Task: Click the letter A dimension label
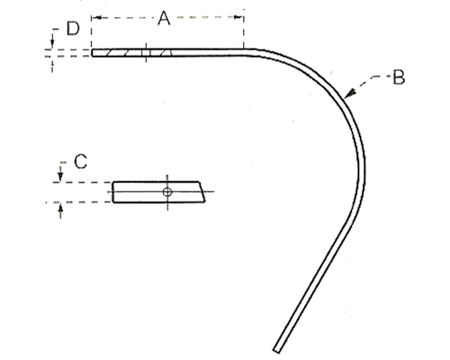[x=164, y=18]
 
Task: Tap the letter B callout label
[x=399, y=77]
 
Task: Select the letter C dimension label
[x=80, y=161]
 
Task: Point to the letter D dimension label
[x=73, y=29]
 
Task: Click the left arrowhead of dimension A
[x=96, y=18]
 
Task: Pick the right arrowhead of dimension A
[x=239, y=17]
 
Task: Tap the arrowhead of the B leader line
[x=349, y=94]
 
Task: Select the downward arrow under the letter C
[x=60, y=174]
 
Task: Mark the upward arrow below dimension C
[x=60, y=211]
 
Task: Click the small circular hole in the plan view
[x=167, y=192]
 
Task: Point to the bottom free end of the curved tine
[x=277, y=350]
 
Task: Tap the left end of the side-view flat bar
[x=93, y=53]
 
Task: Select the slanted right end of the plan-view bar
[x=202, y=192]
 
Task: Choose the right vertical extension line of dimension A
[x=244, y=29]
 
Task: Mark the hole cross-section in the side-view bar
[x=146, y=53]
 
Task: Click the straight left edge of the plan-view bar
[x=112, y=192]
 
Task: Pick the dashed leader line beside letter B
[x=371, y=82]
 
